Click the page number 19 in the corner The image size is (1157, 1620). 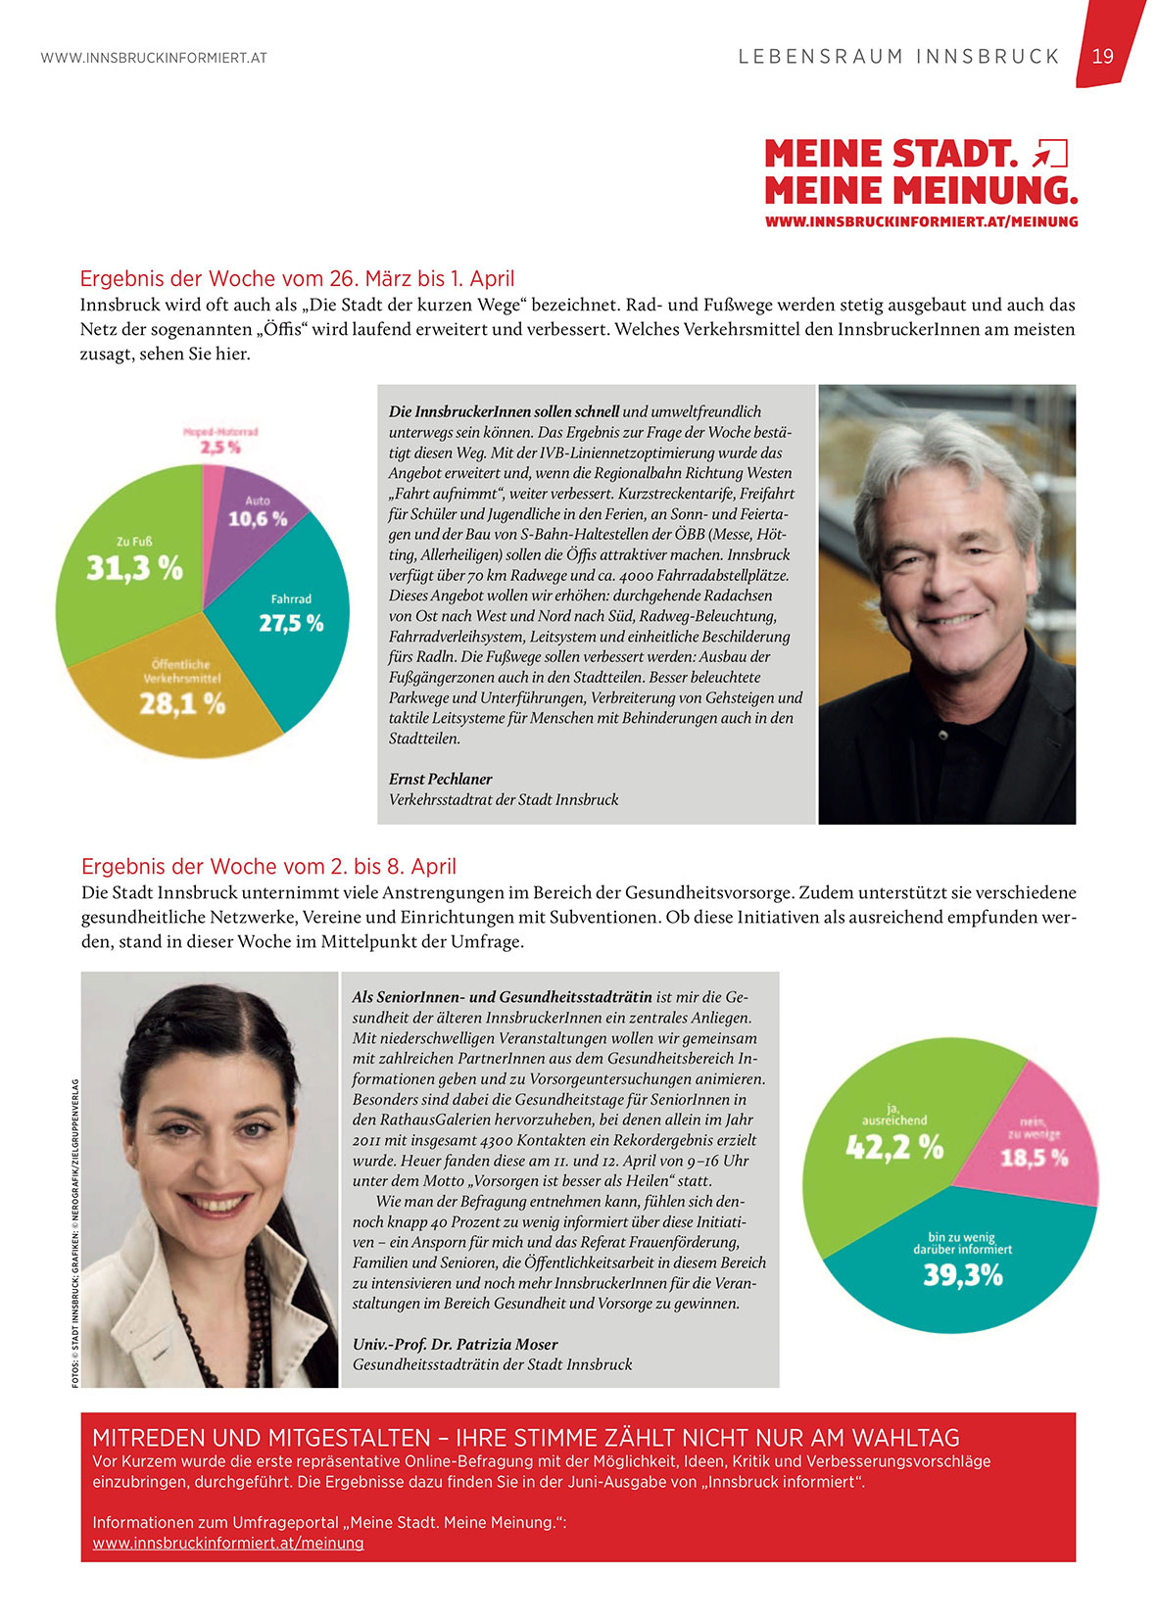coord(1103,56)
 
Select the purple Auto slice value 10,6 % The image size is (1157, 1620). coord(258,518)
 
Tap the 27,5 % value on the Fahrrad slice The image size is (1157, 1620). coord(291,623)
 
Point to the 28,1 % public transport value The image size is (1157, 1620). coord(182,702)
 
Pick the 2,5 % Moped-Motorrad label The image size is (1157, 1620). coord(220,447)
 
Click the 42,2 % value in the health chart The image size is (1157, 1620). coord(893,1147)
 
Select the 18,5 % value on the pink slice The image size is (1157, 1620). coord(1034,1158)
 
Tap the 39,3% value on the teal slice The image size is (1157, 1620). coord(963,1275)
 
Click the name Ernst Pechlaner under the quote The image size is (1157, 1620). coord(440,779)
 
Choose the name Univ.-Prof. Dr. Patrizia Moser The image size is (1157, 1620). coord(455,1344)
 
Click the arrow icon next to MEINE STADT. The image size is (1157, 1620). coord(1049,154)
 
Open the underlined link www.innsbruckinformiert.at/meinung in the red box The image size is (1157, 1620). coord(228,1543)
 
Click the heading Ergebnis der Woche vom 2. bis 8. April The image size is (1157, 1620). coord(268,866)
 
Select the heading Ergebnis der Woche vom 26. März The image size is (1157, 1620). coord(297,278)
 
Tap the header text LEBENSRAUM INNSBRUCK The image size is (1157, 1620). coord(898,57)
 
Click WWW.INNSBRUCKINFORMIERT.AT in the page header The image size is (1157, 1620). coord(154,58)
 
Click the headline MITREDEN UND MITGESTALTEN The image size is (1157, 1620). coord(525,1438)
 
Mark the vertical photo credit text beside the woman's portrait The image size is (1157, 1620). coord(75,1232)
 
